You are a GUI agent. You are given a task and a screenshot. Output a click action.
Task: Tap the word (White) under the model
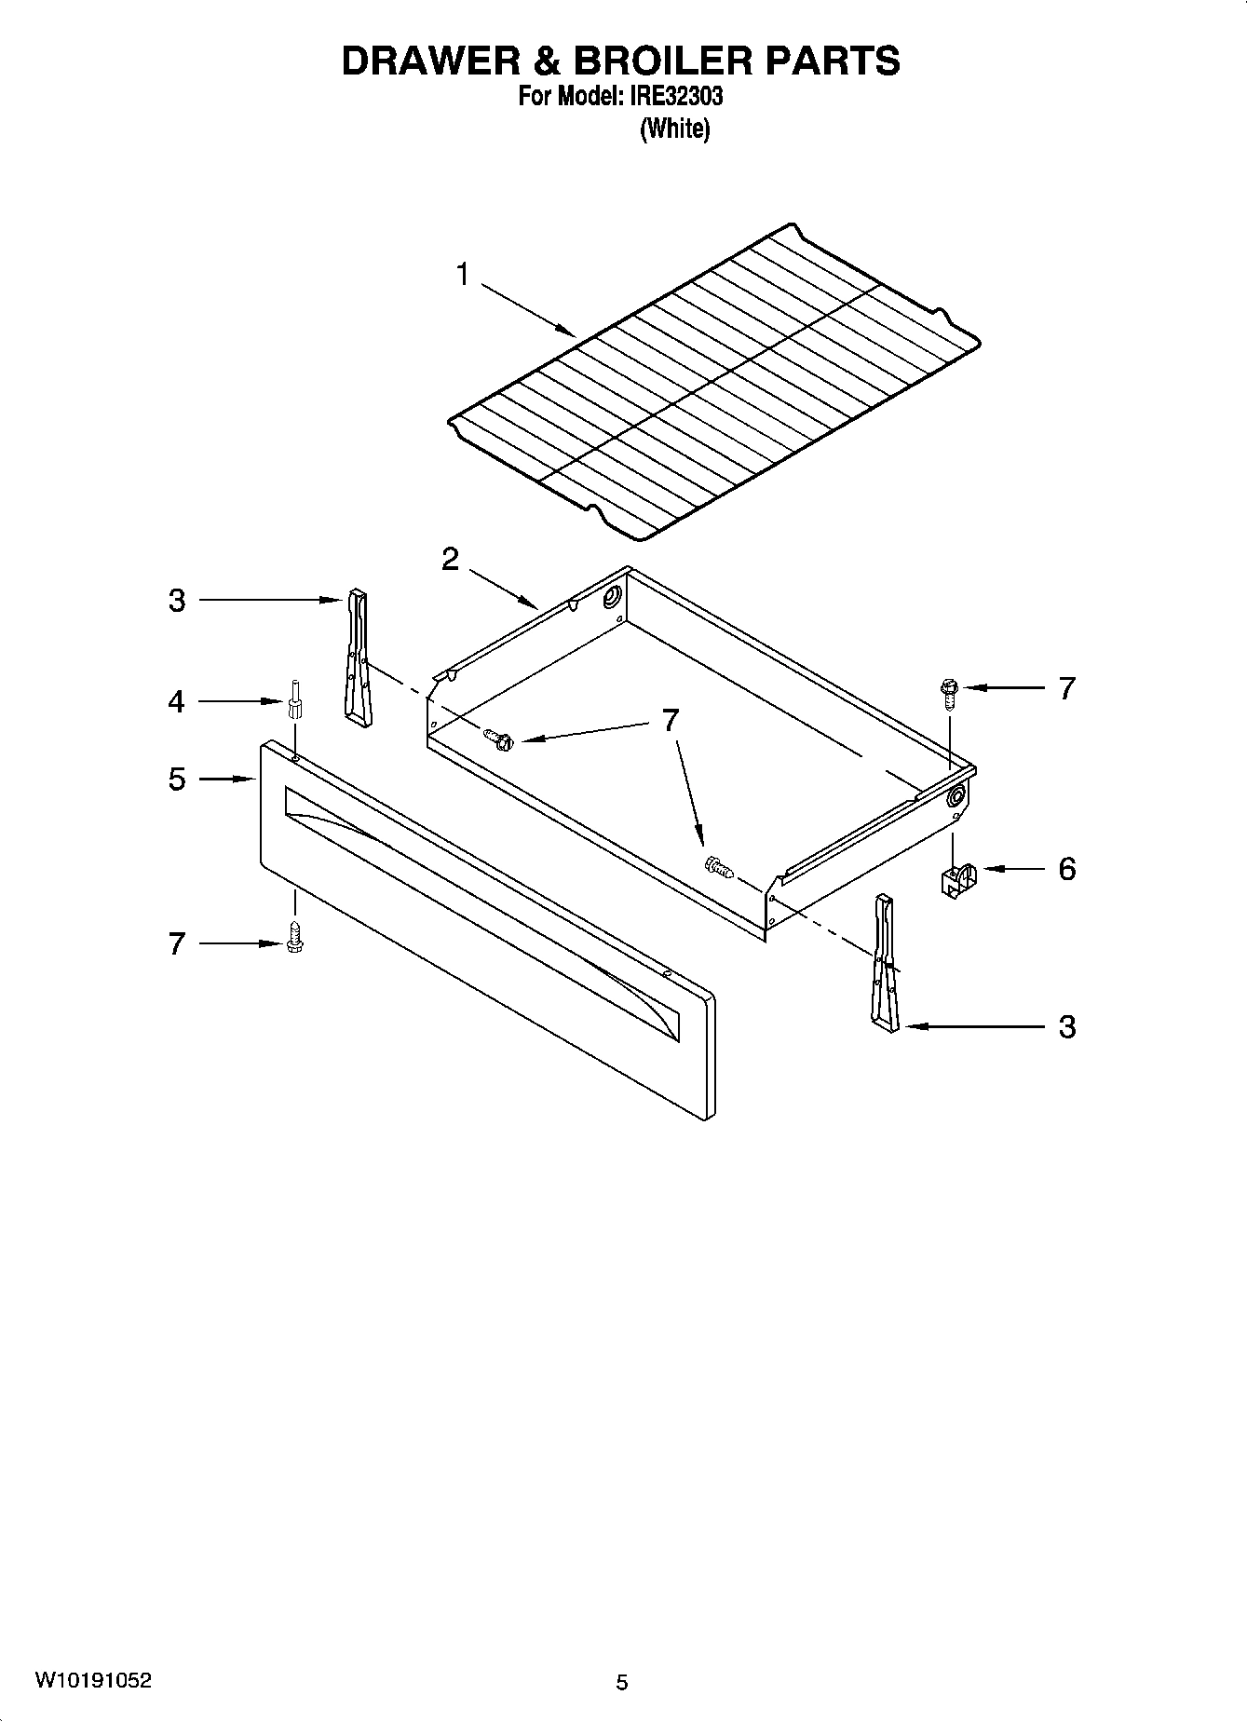coord(674,129)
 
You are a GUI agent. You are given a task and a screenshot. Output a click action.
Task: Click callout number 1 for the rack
coord(462,276)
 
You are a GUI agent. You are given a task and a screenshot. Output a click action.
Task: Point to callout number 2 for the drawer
coord(450,560)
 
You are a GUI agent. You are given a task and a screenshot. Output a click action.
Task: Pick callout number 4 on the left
coord(177,701)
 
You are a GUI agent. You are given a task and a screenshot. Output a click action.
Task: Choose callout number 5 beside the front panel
coord(177,779)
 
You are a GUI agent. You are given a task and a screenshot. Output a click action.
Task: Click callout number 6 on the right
coord(1067,869)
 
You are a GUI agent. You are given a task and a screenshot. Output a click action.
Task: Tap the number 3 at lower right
coord(1067,1027)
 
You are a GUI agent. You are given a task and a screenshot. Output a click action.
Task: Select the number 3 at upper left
coord(177,601)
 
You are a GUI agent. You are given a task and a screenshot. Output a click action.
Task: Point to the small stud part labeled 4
coord(295,701)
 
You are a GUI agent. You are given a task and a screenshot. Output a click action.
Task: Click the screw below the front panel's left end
coord(295,937)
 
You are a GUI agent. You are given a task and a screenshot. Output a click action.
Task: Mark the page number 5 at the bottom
coord(622,1682)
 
